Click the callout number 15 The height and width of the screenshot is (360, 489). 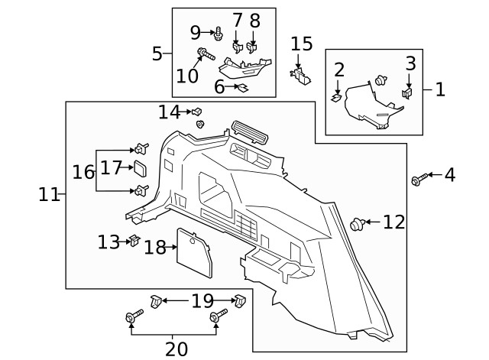(302, 44)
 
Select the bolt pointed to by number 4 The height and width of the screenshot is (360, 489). (416, 180)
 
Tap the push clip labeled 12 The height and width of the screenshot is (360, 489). (356, 224)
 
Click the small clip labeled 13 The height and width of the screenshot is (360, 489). (133, 242)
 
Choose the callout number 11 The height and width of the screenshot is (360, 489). (49, 195)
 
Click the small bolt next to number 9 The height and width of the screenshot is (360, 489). (219, 33)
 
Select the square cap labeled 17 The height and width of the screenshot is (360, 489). (141, 168)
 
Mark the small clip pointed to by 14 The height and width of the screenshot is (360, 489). (196, 112)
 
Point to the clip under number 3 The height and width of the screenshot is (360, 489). (407, 93)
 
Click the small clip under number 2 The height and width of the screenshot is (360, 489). (336, 96)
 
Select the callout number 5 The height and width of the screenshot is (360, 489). (157, 54)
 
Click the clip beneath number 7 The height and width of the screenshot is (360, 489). (238, 48)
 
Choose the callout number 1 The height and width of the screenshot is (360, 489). (440, 89)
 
